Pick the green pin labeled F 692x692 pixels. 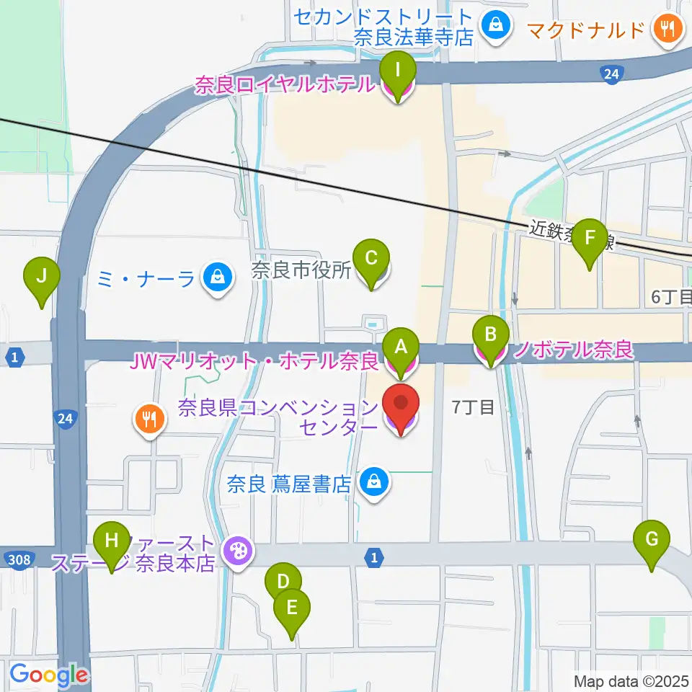pos(589,239)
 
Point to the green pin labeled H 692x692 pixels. pos(112,541)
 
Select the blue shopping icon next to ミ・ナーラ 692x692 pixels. pos(216,277)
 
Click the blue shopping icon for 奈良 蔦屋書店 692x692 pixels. pos(374,482)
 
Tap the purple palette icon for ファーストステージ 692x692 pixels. pos(236,553)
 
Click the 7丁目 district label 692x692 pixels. pos(473,408)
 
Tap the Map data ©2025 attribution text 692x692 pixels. pos(631,680)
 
